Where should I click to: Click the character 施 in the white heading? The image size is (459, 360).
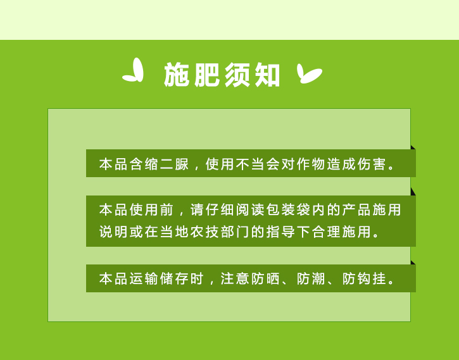(176, 75)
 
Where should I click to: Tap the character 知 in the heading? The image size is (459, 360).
(267, 75)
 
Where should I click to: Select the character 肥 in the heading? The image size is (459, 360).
(206, 75)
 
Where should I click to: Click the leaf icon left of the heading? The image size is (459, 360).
(133, 70)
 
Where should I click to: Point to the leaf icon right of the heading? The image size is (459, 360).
(309, 73)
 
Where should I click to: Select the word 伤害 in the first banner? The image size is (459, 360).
(372, 164)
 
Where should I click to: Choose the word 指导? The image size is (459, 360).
(280, 232)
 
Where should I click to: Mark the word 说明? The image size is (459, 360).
(113, 232)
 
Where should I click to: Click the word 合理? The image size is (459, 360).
(326, 232)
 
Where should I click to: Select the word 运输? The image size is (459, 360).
(144, 278)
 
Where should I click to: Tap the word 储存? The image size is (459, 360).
(174, 278)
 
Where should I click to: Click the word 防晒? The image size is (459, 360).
(265, 278)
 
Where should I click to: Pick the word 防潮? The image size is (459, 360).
(311, 278)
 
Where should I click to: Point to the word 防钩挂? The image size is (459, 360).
(364, 278)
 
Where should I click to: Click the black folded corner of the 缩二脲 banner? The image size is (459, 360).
(413, 147)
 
